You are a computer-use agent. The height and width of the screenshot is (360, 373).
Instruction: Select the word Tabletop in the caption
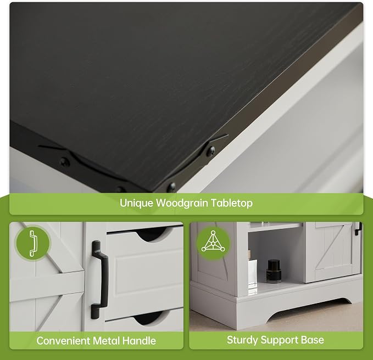click(x=232, y=204)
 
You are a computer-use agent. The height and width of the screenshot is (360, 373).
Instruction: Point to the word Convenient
click(x=63, y=341)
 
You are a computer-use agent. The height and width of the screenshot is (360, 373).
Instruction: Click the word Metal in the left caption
click(x=106, y=341)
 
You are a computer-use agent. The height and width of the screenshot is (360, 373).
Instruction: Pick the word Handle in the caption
click(x=139, y=341)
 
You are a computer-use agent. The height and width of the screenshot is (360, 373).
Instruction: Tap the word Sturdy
click(x=242, y=340)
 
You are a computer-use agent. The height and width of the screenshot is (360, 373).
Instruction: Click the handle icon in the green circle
click(x=33, y=243)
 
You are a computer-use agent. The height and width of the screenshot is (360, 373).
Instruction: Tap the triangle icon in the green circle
click(x=213, y=241)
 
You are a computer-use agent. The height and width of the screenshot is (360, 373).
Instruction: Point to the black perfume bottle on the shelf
click(x=273, y=271)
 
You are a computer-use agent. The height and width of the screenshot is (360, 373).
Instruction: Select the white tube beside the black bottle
click(x=252, y=274)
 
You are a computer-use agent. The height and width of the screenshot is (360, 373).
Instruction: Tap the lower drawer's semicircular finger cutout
click(x=149, y=318)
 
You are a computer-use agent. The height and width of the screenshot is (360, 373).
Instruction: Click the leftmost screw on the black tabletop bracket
click(x=64, y=162)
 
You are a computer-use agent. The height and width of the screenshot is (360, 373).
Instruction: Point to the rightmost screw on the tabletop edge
click(x=210, y=150)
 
